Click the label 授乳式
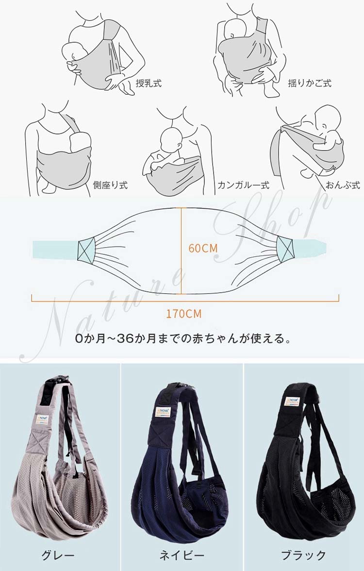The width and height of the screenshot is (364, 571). point(149,83)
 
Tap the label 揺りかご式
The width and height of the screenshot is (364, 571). point(310,83)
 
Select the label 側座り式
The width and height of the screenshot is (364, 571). point(110,185)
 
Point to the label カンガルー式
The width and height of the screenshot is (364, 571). point(243,185)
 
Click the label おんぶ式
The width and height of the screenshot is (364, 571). point(343,185)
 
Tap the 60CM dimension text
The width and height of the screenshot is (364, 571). point(203,249)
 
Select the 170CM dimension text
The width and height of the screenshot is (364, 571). point(184,314)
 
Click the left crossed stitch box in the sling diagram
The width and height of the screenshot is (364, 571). point(86,250)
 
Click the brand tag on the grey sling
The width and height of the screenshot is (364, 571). point(42,419)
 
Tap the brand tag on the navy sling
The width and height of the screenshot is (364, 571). point(163,412)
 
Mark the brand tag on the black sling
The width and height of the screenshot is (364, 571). point(292,401)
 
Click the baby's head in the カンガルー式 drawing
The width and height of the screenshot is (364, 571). point(171,140)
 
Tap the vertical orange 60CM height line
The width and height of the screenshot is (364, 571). point(182,251)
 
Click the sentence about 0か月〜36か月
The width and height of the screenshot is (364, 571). point(184,339)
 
